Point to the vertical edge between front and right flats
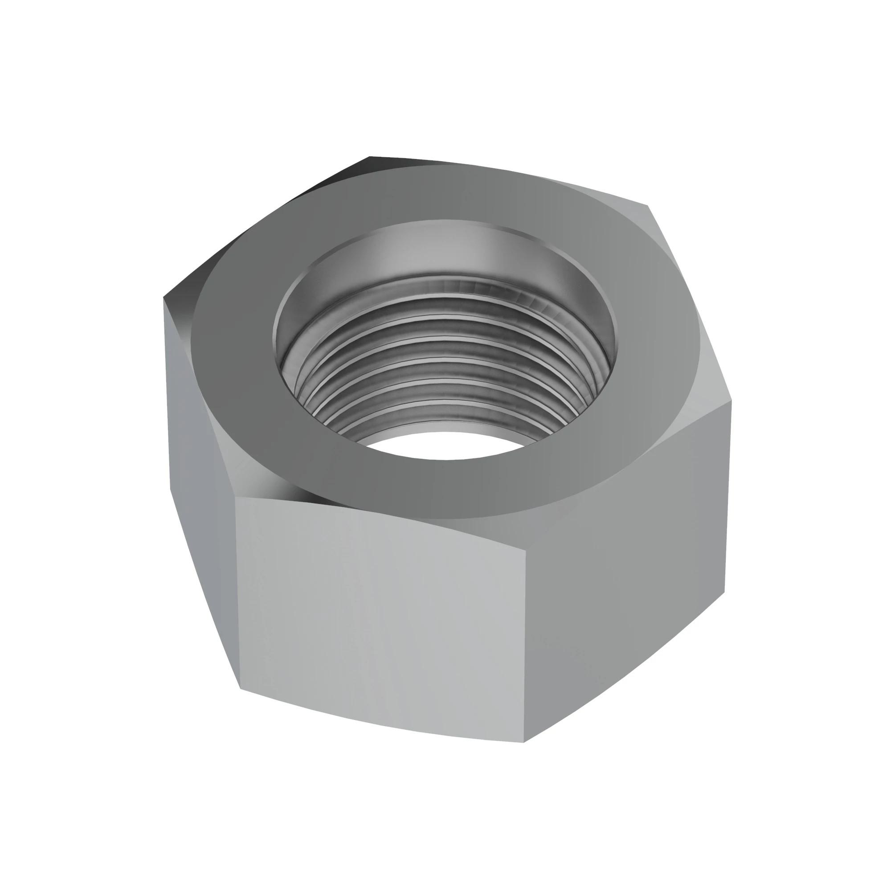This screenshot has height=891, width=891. (525, 646)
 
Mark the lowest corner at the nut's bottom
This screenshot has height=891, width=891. (524, 743)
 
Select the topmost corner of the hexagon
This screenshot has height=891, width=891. (370, 157)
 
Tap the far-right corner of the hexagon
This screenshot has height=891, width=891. (732, 401)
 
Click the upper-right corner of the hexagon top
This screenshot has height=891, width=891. (648, 206)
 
